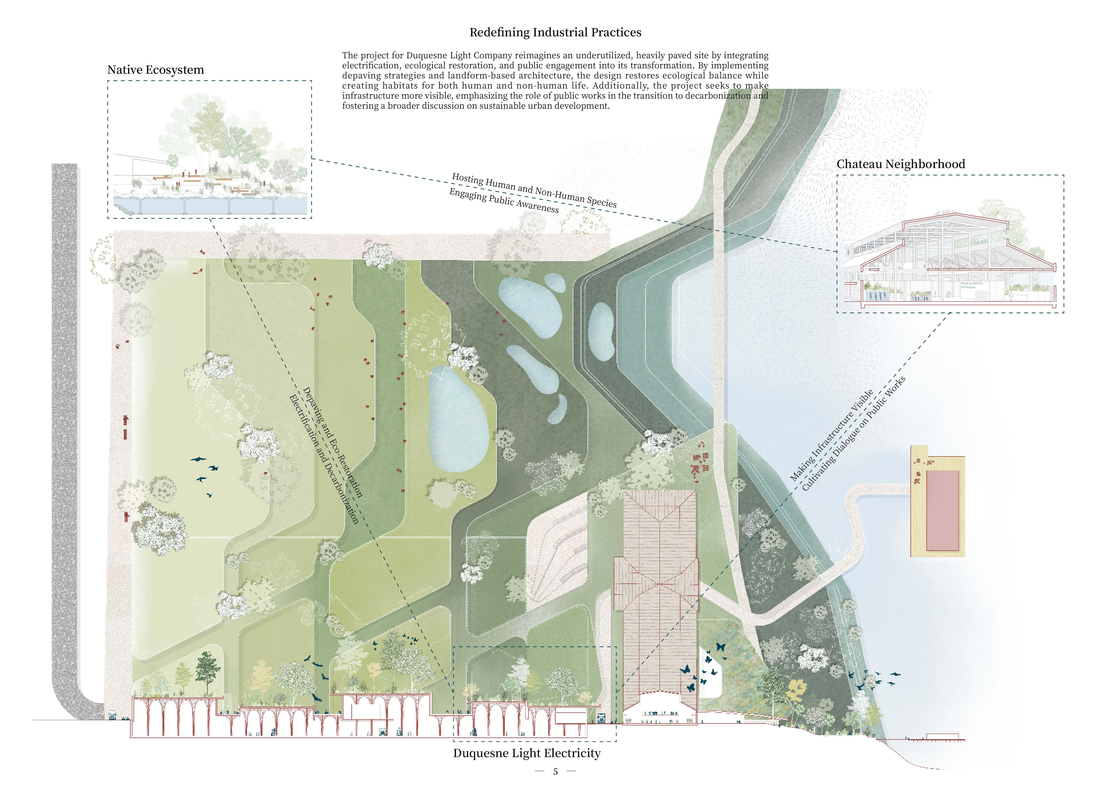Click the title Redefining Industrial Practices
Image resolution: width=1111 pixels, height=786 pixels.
(x=555, y=32)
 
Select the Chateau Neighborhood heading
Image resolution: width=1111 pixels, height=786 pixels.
(x=900, y=164)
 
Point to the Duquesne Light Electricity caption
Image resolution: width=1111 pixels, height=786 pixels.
(x=526, y=753)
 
